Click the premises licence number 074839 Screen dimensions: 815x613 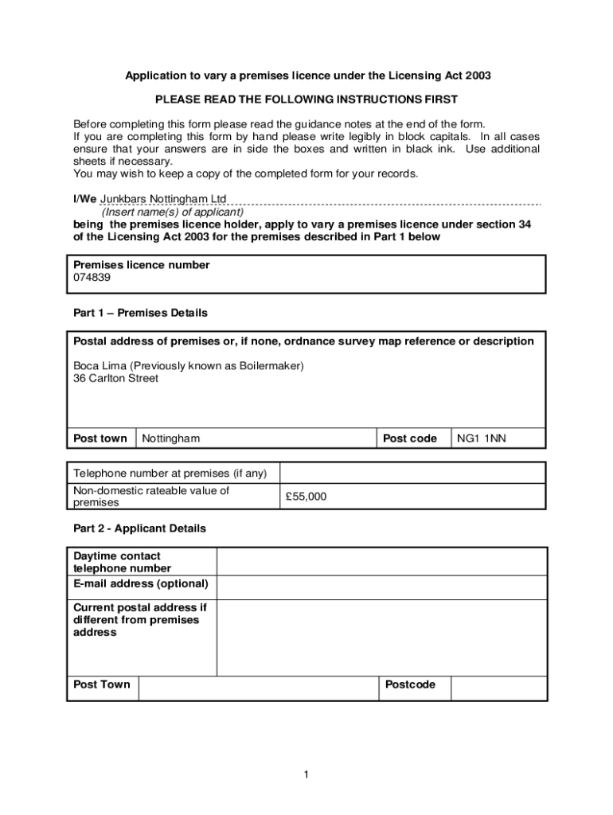click(x=92, y=278)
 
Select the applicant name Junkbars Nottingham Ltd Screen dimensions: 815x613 click(x=162, y=198)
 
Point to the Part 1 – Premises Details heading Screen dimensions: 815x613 click(x=140, y=313)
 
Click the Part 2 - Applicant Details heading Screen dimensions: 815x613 click(x=139, y=528)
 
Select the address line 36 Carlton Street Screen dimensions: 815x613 click(x=115, y=378)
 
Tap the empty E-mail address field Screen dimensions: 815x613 click(x=381, y=587)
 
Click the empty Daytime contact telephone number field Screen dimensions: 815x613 click(x=381, y=562)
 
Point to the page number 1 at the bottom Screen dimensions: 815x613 click(x=306, y=775)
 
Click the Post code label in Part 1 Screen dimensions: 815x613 click(x=410, y=439)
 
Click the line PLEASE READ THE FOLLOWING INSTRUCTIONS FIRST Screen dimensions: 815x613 click(x=306, y=99)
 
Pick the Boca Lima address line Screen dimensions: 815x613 click(x=189, y=365)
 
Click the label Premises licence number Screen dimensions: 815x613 click(x=142, y=265)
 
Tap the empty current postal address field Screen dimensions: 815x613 click(x=381, y=637)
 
